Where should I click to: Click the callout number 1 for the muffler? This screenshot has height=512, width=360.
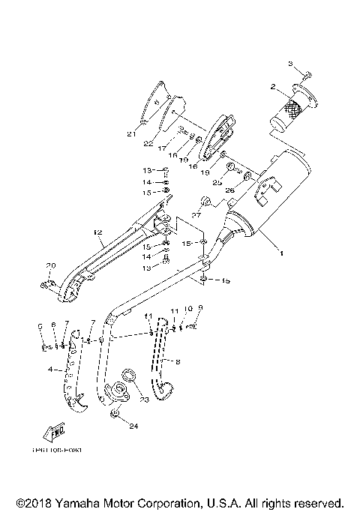281,253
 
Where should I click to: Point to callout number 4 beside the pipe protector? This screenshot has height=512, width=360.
50,370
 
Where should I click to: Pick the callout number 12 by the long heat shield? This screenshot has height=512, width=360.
97,234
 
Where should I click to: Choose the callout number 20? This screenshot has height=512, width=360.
51,266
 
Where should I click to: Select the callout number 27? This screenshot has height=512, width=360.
196,215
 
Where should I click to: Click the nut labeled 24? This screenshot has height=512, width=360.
114,415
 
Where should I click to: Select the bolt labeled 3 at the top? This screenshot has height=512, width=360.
307,76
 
